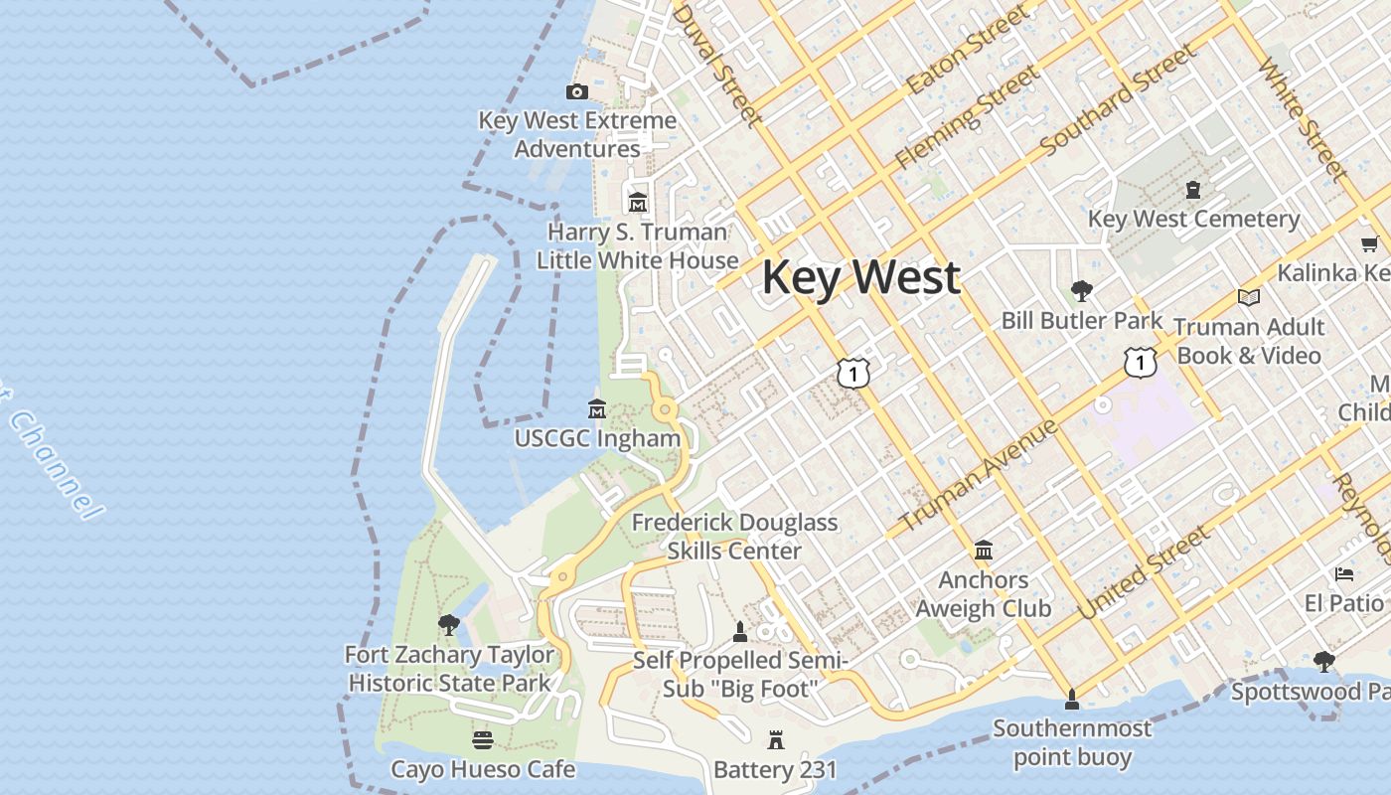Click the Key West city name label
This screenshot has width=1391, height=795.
(x=860, y=277)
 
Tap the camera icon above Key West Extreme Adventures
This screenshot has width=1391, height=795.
(x=576, y=91)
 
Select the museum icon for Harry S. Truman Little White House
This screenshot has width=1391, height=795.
(x=637, y=202)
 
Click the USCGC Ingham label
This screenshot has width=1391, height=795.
(x=597, y=438)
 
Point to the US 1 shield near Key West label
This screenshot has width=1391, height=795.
(x=852, y=373)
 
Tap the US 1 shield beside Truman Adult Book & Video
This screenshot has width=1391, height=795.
(x=1140, y=362)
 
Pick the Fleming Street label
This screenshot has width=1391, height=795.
(x=967, y=116)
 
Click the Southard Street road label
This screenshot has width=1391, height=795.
(x=1118, y=101)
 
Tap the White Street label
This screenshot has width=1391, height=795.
(x=1303, y=119)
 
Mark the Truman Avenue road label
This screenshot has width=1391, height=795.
(x=979, y=475)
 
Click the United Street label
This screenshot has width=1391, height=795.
(x=1145, y=572)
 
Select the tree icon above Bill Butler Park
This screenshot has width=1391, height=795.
(x=1081, y=291)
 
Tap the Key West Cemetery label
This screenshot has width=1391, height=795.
(x=1193, y=219)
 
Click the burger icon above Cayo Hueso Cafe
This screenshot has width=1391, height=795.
(x=483, y=740)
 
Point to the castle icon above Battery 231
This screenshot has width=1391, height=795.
(x=775, y=740)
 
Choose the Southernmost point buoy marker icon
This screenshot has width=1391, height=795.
(x=1071, y=700)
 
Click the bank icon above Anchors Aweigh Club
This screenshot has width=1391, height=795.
(x=984, y=551)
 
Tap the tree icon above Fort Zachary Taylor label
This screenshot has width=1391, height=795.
(x=449, y=625)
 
